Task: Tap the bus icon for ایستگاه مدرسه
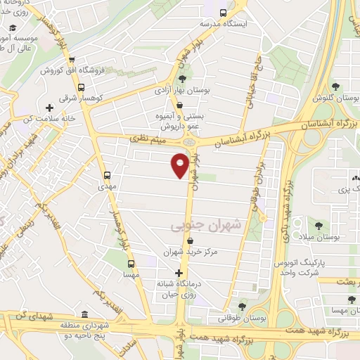[223, 12]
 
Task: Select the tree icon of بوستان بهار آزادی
[183, 79]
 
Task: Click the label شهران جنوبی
[195, 225]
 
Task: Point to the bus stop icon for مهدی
[107, 175]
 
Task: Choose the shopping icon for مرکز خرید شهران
[190, 240]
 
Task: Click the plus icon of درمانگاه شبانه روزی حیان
[179, 273]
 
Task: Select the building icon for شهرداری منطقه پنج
[85, 313]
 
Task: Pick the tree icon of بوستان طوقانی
[243, 306]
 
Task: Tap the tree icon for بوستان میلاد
[319, 226]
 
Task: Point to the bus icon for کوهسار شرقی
[82, 88]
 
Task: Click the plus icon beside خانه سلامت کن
[49, 108]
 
